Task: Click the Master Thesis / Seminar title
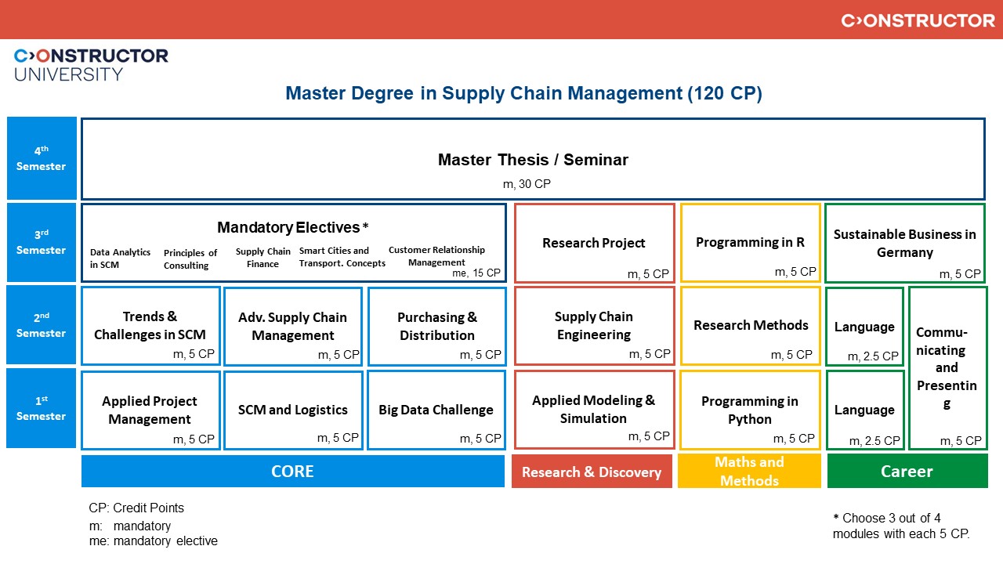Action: (x=533, y=160)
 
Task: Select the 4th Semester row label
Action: (x=42, y=158)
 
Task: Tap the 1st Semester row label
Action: (x=42, y=409)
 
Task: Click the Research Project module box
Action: (x=594, y=244)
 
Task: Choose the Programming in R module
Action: (x=750, y=243)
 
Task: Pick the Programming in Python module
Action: (x=750, y=410)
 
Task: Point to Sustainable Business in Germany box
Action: (x=904, y=244)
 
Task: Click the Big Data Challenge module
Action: (x=436, y=410)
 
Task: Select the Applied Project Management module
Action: (x=150, y=410)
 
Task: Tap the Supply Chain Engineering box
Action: (x=594, y=326)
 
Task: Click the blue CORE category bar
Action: (x=292, y=472)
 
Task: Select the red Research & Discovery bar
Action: (x=592, y=472)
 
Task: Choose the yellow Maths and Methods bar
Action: (x=749, y=472)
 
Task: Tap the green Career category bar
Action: (x=907, y=472)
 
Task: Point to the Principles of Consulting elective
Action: (x=190, y=259)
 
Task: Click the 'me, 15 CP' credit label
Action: (x=476, y=273)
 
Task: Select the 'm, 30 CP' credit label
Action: (x=532, y=184)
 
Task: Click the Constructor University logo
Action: (x=91, y=64)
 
